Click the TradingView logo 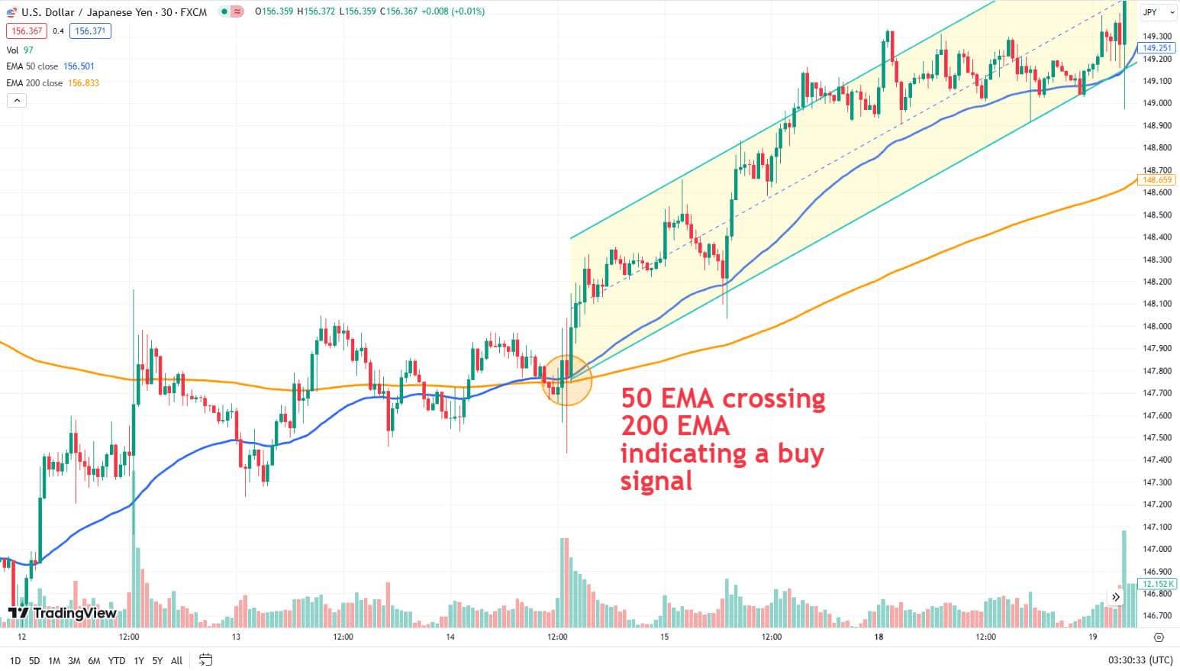[x=62, y=612]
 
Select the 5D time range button [x=34, y=660]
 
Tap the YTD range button [x=117, y=660]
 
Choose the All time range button [x=176, y=660]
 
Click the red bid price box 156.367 [x=27, y=31]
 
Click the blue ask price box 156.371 [x=90, y=31]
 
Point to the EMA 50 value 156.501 [x=79, y=66]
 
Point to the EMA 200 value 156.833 [x=83, y=82]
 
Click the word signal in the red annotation [x=656, y=481]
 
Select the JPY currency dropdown [x=1157, y=12]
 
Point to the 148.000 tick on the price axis [x=1157, y=326]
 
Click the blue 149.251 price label [x=1156, y=48]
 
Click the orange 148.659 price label [x=1156, y=180]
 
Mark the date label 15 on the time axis [x=664, y=637]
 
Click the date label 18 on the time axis [x=879, y=637]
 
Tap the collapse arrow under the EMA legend [x=17, y=101]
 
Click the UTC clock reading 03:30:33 [x=1127, y=660]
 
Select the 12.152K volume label [x=1156, y=583]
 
